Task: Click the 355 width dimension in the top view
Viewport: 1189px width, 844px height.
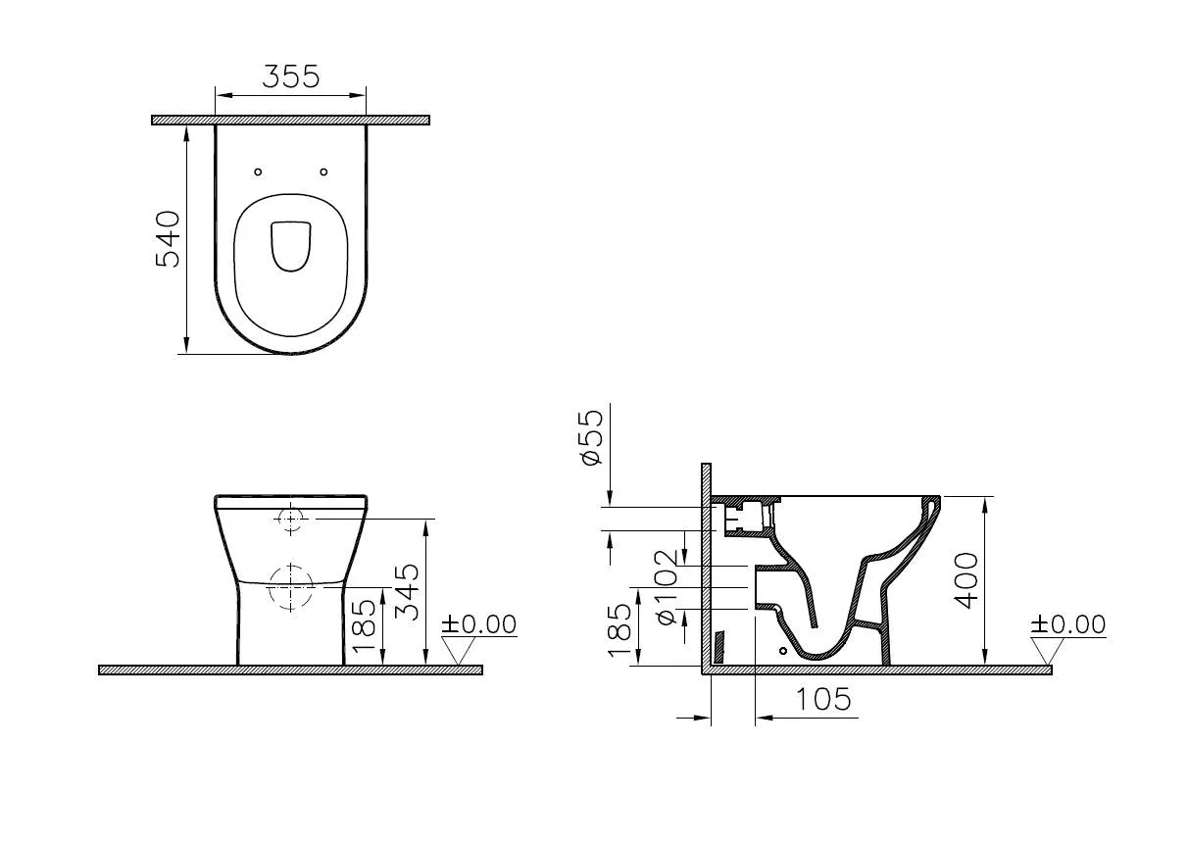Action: pos(290,76)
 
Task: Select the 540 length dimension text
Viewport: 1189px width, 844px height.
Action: pos(169,238)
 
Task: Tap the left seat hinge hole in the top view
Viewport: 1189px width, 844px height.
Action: pos(258,172)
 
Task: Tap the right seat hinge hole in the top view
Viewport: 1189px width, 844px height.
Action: pos(323,172)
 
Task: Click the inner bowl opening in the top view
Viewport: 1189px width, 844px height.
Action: pos(290,244)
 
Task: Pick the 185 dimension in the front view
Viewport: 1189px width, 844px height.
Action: pos(364,627)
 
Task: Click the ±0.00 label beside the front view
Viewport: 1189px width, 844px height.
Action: pos(478,624)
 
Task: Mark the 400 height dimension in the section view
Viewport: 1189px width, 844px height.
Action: pos(966,580)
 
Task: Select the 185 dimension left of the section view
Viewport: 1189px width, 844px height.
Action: pos(619,629)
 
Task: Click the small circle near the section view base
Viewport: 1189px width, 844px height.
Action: pos(782,650)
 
